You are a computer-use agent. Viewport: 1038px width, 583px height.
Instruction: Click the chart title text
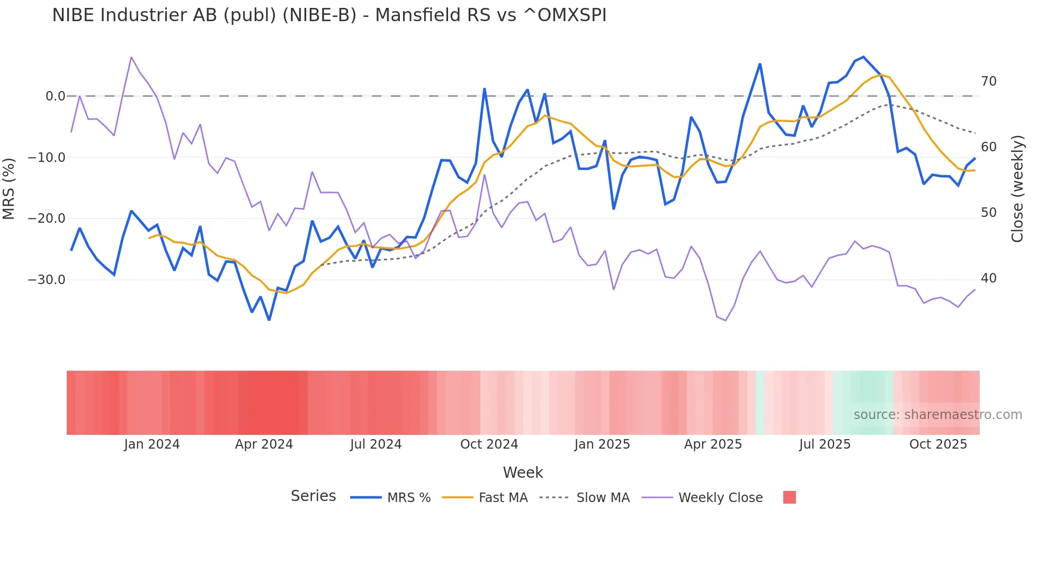click(329, 15)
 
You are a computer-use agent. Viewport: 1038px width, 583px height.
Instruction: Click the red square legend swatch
click(789, 497)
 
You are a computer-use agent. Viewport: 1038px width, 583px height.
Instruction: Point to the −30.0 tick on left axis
click(47, 280)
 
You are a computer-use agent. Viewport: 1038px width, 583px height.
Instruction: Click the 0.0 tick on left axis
click(55, 96)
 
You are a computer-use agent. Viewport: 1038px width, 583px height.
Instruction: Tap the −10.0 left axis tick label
click(47, 158)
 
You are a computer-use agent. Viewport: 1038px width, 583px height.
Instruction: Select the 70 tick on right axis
click(988, 81)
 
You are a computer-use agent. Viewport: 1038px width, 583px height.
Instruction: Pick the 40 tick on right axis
click(988, 278)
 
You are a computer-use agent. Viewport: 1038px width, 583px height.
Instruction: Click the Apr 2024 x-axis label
click(264, 444)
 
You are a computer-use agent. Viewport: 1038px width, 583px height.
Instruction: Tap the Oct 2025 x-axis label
click(938, 444)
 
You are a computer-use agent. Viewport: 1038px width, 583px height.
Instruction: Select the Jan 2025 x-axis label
click(602, 444)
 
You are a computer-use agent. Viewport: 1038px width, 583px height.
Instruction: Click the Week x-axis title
click(523, 472)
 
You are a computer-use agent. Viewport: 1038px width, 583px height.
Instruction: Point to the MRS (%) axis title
click(9, 188)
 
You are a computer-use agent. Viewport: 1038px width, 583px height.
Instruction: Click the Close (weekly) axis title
click(1017, 188)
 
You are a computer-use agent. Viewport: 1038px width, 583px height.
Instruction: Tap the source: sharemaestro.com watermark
click(937, 415)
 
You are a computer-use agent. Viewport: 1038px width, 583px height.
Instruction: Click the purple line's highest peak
click(131, 57)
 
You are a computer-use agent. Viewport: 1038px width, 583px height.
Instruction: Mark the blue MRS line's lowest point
click(269, 320)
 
